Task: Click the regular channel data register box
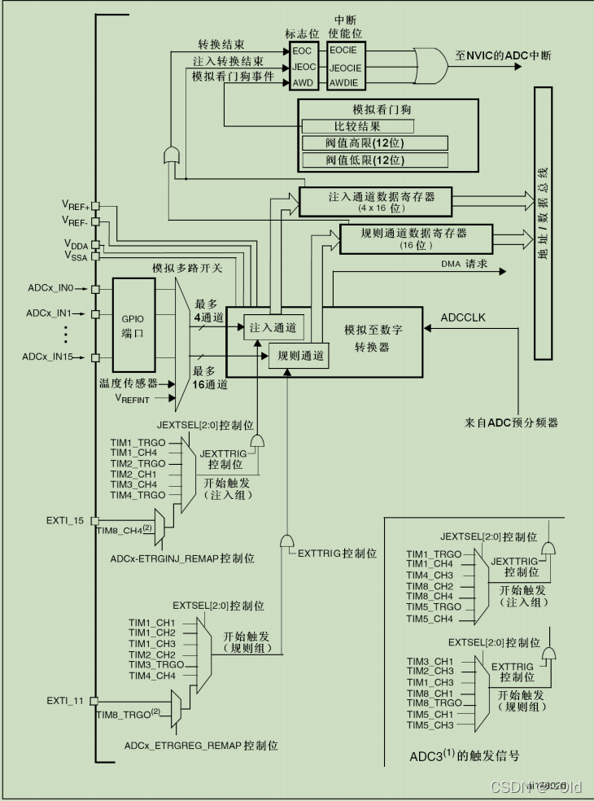tap(414, 238)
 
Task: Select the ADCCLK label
tap(463, 316)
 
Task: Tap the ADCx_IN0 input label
tap(50, 288)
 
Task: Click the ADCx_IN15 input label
tap(49, 357)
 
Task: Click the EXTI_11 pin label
tap(66, 700)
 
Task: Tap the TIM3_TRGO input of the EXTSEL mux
tap(155, 664)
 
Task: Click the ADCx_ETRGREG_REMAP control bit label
tap(201, 745)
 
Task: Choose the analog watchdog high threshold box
tap(375, 143)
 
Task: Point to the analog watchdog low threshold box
tap(375, 160)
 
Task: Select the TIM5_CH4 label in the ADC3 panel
tap(430, 618)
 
